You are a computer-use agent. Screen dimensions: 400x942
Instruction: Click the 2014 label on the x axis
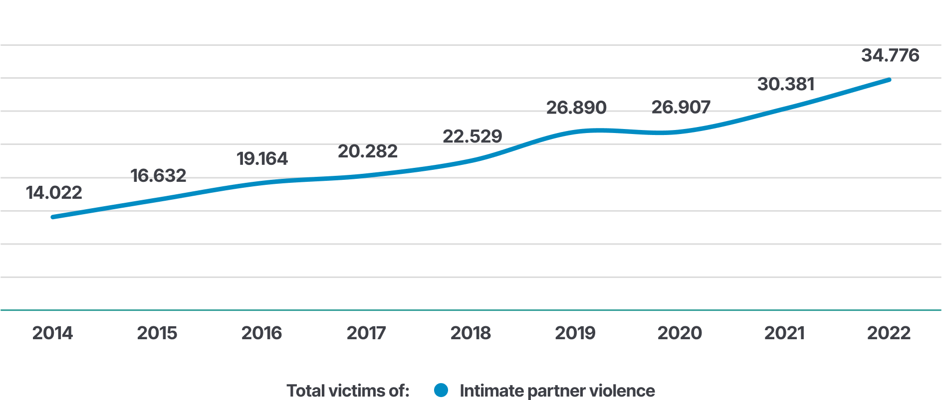pos(52,333)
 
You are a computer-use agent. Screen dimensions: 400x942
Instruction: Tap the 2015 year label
pos(157,333)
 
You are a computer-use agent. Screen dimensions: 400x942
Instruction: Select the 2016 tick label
pos(261,333)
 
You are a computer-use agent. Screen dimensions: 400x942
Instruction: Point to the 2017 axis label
pos(366,333)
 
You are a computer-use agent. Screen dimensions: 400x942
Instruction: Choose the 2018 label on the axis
pos(471,333)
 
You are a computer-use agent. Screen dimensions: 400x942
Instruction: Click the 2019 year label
pos(575,333)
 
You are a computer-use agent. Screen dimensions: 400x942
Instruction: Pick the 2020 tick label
pos(680,333)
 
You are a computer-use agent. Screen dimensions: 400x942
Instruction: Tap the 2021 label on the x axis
pos(784,333)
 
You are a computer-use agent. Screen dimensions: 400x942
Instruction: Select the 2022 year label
pos(889,333)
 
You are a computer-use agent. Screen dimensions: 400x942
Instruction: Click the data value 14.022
pos(54,193)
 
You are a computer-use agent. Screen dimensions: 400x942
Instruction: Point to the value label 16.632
pos(158,175)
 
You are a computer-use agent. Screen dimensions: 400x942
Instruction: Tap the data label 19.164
pos(262,159)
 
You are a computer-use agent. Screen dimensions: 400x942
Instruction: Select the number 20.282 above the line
pos(368,151)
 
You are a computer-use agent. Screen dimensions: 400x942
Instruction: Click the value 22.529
pos(472,136)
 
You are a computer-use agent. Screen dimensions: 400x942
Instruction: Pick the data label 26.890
pos(576,108)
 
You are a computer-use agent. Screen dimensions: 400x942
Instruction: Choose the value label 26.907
pos(681,107)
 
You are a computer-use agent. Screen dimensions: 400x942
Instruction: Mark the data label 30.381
pos(786,84)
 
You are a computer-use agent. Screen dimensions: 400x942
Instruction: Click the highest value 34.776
pos(890,55)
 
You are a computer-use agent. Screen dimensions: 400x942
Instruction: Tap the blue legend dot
pos(441,390)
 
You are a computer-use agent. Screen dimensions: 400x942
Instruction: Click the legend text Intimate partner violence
pos(557,391)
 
